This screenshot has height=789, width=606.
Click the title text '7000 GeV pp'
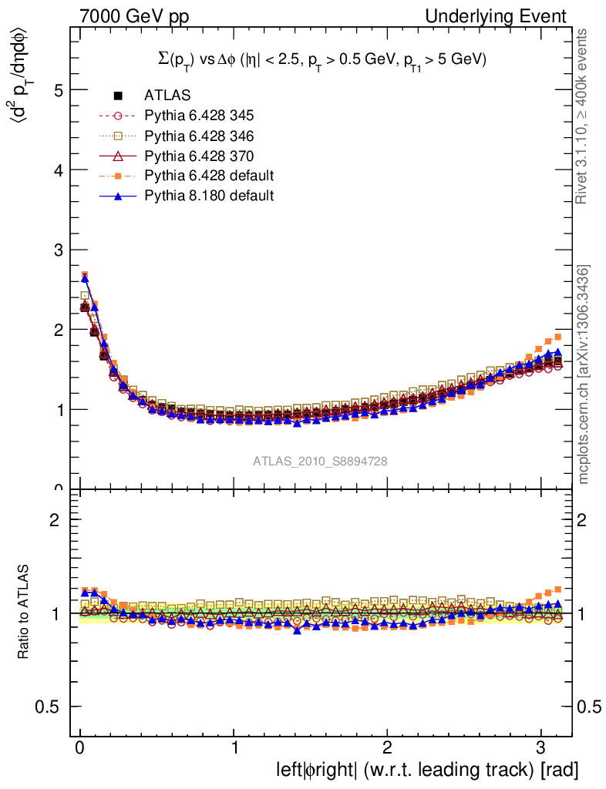(135, 16)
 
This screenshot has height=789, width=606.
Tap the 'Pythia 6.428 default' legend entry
(209, 176)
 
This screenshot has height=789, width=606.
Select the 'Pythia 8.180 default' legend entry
(209, 196)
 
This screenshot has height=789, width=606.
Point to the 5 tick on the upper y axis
(58, 90)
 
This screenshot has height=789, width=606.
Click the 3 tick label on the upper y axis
(58, 250)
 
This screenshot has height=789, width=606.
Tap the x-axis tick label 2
(388, 750)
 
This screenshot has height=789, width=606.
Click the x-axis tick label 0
(80, 750)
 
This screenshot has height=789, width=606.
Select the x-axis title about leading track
(427, 770)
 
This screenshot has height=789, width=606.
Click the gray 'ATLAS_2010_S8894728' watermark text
(320, 461)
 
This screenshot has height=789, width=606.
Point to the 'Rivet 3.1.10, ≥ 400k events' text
(584, 116)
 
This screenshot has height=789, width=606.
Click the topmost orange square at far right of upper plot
(557, 337)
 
